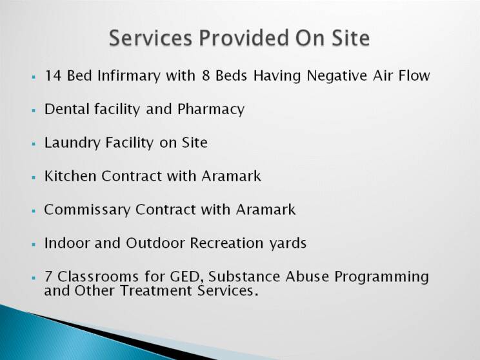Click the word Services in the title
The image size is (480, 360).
150,38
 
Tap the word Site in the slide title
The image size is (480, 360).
350,38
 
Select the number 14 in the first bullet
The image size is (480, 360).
53,75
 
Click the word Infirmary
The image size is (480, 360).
129,76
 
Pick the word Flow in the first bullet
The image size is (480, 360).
414,75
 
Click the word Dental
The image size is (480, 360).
66,109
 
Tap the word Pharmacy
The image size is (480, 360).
211,110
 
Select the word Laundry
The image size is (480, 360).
72,143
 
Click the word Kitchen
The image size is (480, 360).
70,176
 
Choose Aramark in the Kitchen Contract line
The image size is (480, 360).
232,176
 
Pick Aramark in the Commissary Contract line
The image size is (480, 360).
266,210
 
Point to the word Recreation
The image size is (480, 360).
226,243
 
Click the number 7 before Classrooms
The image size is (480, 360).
48,276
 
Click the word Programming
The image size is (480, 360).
381,277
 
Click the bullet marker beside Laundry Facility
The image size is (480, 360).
34,144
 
